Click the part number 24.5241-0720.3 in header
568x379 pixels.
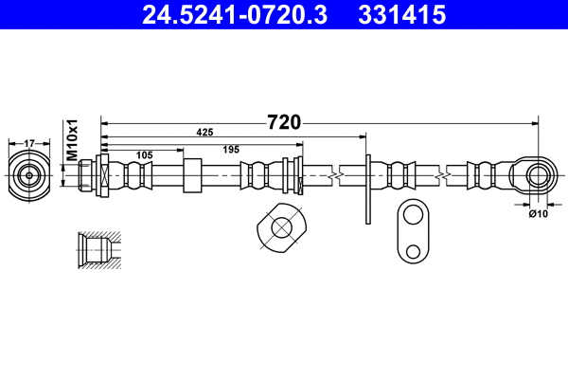[235, 15]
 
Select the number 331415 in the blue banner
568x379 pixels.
[402, 15]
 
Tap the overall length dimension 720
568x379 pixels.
[284, 122]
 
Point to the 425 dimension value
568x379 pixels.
[204, 133]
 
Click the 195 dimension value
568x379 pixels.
[231, 150]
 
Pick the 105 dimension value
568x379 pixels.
[144, 155]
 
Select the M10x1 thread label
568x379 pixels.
[73, 139]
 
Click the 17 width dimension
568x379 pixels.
[29, 144]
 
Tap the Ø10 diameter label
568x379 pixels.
[539, 214]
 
